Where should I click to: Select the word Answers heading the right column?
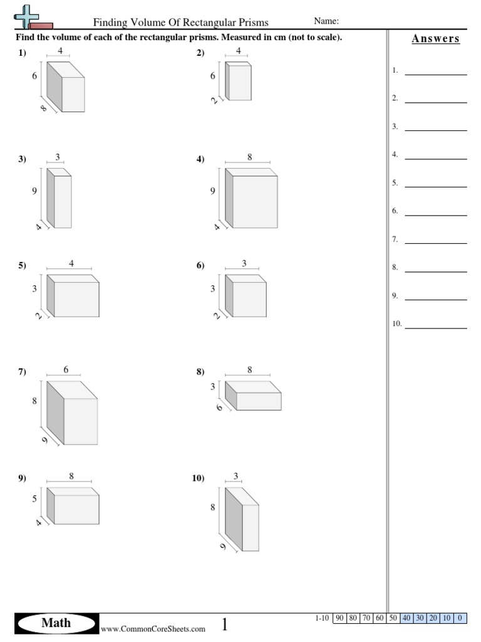point(435,39)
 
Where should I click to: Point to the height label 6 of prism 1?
point(35,76)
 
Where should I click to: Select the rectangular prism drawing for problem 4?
point(251,197)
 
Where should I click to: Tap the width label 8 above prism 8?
point(249,370)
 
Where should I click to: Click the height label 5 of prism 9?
point(35,499)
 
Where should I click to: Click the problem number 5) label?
point(22,266)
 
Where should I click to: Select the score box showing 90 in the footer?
point(339,618)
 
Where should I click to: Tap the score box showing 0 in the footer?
point(460,618)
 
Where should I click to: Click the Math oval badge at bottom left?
point(56,623)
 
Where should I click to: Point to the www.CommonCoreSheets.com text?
point(153,628)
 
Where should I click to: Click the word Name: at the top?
point(326,21)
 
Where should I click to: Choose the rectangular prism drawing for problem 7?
point(72,413)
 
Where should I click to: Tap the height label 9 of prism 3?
point(35,192)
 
